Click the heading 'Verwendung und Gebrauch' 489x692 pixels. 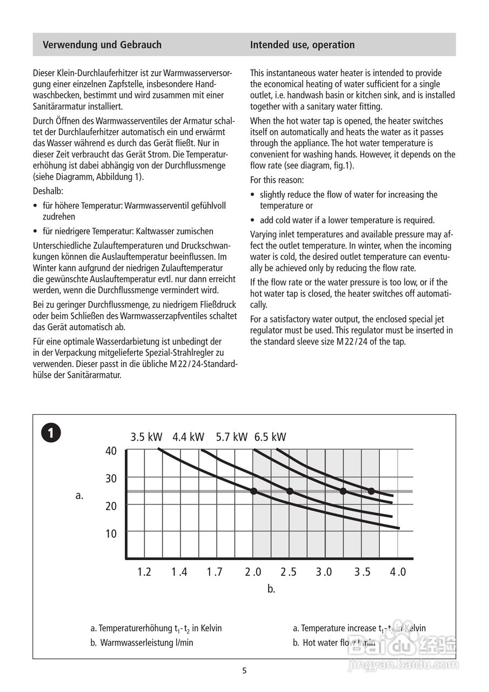102,45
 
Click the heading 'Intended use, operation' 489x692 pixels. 302,45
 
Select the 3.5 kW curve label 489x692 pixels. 146,437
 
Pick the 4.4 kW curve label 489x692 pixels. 189,437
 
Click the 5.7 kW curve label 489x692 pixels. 231,437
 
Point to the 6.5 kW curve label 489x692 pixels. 270,437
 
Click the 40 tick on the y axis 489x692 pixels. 111,451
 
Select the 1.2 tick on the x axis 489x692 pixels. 144,572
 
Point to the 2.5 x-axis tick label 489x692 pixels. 289,572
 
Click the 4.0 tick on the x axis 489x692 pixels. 398,572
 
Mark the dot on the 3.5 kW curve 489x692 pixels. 253,491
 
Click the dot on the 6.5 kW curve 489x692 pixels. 371,491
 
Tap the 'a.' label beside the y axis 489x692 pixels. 79,495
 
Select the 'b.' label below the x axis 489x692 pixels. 271,589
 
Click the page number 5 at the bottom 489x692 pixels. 244,671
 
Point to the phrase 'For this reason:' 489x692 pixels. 277,179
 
